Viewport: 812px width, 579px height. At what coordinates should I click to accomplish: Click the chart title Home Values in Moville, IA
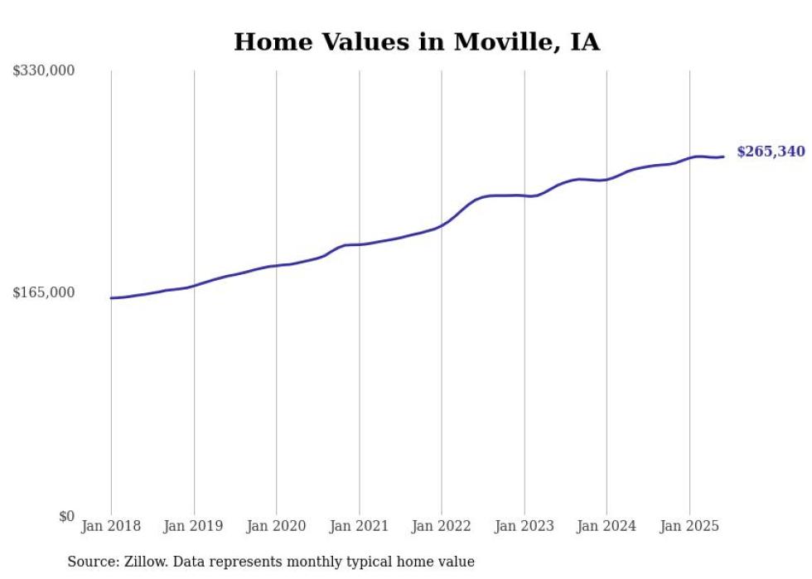416,41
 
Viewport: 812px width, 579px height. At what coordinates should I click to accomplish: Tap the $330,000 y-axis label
44,71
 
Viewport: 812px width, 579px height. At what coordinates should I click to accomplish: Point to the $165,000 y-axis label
44,292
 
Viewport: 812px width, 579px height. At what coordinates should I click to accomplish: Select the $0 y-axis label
66,517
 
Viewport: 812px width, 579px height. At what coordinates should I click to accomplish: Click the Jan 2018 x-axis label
111,526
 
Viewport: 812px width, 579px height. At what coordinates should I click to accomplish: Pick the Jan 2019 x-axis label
194,526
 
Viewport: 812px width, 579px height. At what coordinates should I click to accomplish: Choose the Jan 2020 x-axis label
277,526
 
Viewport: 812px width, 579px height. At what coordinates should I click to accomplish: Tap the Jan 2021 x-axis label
359,526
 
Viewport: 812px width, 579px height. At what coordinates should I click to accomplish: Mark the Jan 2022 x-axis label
442,526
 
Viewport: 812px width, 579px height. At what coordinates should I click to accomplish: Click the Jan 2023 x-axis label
524,526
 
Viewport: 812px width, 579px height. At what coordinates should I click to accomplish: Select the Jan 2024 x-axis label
607,526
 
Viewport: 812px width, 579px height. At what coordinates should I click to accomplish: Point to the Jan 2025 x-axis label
689,526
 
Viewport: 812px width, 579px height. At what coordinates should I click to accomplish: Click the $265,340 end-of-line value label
770,152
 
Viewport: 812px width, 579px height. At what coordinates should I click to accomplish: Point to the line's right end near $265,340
723,157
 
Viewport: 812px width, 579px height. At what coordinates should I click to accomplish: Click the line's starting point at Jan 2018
111,298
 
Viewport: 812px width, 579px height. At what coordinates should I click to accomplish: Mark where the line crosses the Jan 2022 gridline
442,224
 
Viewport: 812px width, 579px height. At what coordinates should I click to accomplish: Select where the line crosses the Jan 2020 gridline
277,266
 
